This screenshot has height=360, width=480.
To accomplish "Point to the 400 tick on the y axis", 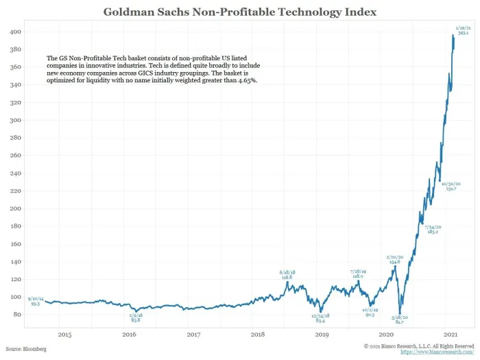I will (x=14, y=32).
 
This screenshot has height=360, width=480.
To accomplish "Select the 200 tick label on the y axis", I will (x=14, y=209).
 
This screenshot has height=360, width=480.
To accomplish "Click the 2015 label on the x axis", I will (x=64, y=335).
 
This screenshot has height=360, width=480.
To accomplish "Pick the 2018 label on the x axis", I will (x=258, y=335).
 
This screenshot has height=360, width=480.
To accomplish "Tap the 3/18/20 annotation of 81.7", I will (x=400, y=320).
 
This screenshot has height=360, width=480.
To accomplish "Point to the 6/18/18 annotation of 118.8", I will (x=287, y=274).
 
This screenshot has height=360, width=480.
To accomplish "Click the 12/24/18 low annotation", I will (x=320, y=317).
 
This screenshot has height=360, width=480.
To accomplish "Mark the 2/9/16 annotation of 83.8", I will (x=135, y=317).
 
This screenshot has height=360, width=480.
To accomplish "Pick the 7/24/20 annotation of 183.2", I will (x=433, y=230).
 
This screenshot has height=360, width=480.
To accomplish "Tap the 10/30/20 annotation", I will (x=451, y=186).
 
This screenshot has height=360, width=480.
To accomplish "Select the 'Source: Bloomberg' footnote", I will (x=26, y=349).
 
